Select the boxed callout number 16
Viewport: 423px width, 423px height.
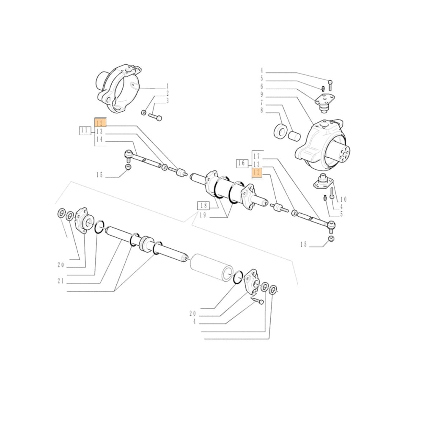pos(241,163)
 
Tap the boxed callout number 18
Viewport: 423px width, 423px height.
pos(203,206)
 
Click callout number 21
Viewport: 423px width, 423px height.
pos(60,281)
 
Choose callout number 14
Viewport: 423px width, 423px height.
pos(99,139)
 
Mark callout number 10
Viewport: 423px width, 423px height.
pos(343,199)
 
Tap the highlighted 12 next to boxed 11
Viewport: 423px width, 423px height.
pos(100,123)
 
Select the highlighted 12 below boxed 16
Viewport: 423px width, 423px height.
pos(257,172)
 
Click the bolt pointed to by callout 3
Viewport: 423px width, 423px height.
pos(156,118)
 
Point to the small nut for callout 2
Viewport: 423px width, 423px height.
pos(144,113)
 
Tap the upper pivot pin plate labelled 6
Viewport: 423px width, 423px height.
pos(325,100)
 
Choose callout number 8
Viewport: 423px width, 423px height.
pos(262,111)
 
